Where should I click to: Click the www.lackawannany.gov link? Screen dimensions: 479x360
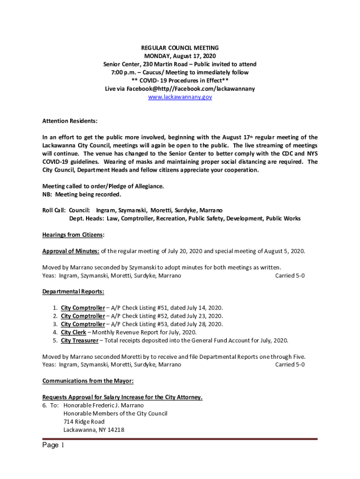(180, 97)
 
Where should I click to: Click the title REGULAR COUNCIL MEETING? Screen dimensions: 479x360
(180, 48)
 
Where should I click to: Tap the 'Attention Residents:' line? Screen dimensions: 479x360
(70, 121)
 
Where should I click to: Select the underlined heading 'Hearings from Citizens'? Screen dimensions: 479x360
(72, 235)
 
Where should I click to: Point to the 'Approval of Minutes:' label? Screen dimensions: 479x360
(71, 251)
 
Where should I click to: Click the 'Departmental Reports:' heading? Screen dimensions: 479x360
(73, 292)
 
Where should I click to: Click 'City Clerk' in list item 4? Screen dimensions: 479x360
(76, 332)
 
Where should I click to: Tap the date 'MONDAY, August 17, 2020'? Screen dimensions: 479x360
(180, 56)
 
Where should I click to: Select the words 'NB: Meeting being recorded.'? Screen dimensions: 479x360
(82, 194)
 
